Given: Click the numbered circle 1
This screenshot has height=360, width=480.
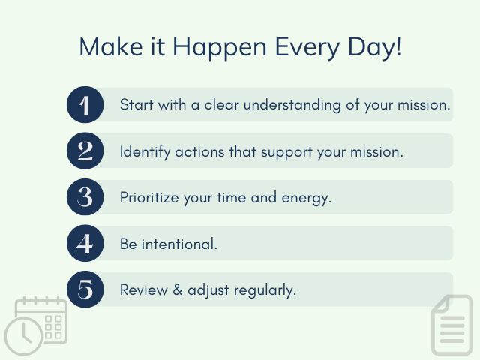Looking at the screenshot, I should click(85, 105).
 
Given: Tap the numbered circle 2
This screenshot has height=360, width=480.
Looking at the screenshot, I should click(85, 151).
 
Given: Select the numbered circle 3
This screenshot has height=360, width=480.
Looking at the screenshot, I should click(85, 197).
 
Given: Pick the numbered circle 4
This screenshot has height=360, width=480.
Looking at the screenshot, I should click(85, 244).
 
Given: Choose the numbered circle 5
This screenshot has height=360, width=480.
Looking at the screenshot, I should click(85, 289).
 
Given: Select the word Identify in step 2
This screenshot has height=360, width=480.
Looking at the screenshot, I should click(145, 151).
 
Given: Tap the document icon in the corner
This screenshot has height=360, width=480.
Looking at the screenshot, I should click(452, 324).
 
